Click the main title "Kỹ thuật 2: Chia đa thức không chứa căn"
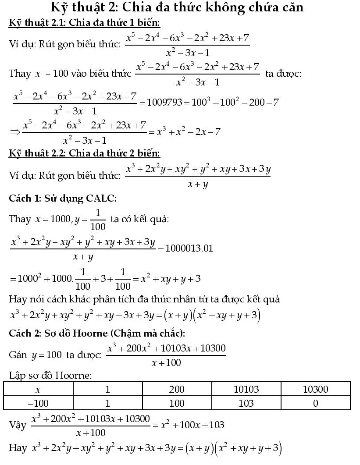pos(177,8)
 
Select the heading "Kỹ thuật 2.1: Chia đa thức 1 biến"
pos(84,22)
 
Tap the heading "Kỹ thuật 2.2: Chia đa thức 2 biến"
pos(84,153)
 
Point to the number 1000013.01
pos(188,248)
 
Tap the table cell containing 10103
pos(246,389)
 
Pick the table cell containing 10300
pos(315,389)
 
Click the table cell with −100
pos(38,403)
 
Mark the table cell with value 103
pos(246,403)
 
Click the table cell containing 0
pos(315,403)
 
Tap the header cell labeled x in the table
pos(38,389)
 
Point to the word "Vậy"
pos(18,425)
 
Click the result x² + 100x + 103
pos(192,425)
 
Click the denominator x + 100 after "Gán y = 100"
pos(166,362)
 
